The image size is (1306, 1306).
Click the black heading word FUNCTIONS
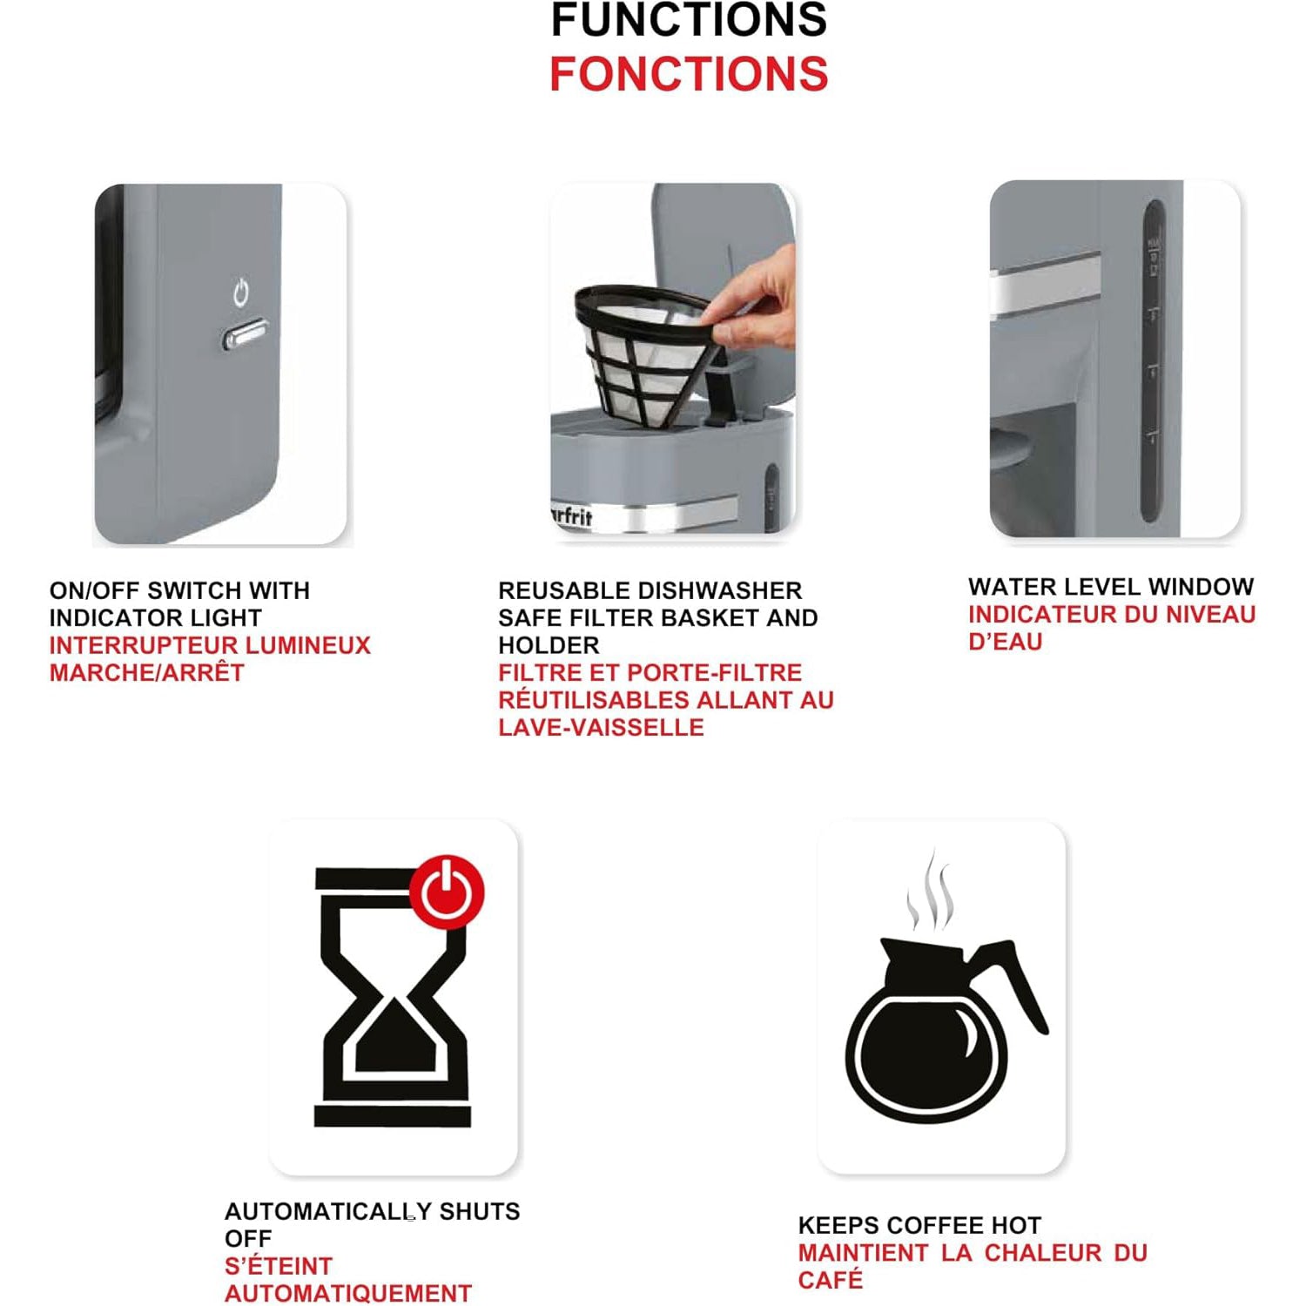[689, 20]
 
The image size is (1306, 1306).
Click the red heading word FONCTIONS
[689, 74]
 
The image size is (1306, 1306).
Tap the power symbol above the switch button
[241, 293]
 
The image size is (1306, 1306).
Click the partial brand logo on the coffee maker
[571, 515]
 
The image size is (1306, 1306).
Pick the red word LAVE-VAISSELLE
[601, 727]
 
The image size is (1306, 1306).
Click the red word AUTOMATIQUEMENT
[348, 1293]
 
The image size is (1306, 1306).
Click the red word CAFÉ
[831, 1280]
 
